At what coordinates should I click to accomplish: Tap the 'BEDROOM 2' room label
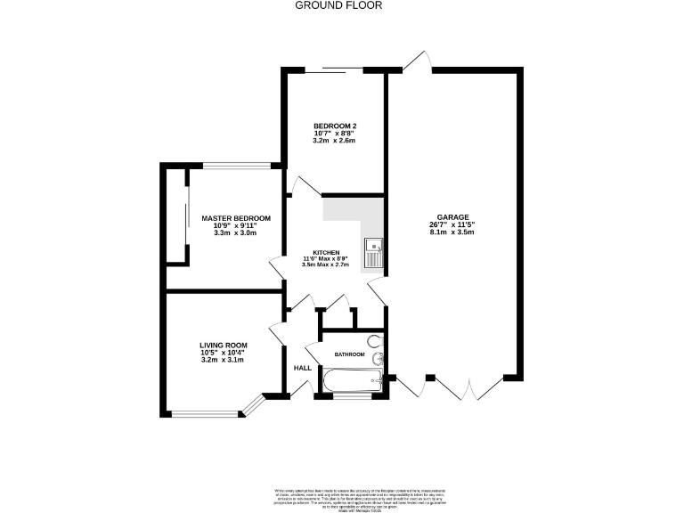click(334, 125)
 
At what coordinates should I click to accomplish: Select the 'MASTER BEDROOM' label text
click(235, 217)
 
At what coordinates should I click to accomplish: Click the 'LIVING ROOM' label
click(223, 345)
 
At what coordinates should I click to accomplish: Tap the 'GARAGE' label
click(452, 225)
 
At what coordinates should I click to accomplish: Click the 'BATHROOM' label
click(349, 354)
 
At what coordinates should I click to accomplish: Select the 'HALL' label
click(302, 368)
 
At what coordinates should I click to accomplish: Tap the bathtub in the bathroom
click(352, 382)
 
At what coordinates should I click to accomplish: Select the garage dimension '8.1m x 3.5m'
click(452, 233)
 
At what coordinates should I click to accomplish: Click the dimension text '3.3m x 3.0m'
click(235, 233)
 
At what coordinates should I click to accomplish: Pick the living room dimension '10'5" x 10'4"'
click(223, 353)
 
